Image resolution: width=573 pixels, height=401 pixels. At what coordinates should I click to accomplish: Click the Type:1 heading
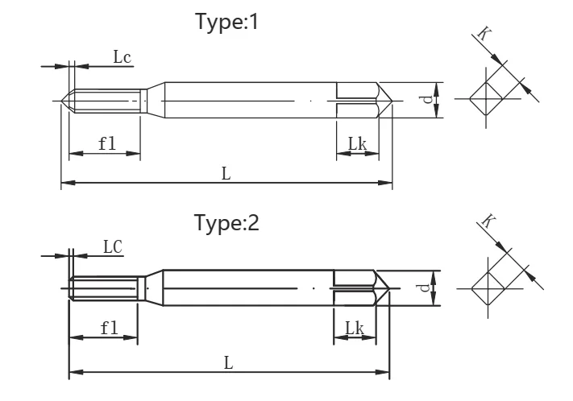tap(227, 22)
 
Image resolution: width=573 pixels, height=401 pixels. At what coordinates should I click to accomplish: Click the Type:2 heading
tap(226, 222)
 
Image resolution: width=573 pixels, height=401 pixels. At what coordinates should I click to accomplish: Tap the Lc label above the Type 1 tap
tap(122, 57)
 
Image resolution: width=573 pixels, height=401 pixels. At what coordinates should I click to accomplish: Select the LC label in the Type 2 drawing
tap(113, 247)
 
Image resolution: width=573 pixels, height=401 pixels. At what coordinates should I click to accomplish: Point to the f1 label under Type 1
tap(107, 143)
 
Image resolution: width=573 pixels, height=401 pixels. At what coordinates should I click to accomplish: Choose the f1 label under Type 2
tap(110, 328)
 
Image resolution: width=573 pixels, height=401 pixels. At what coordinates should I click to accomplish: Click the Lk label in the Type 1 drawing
tap(357, 143)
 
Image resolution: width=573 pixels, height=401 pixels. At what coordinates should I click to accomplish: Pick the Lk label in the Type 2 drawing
tap(355, 328)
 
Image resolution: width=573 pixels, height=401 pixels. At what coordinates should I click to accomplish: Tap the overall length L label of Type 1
tap(226, 173)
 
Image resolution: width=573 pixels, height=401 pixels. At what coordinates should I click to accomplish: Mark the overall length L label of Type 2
tap(228, 363)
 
